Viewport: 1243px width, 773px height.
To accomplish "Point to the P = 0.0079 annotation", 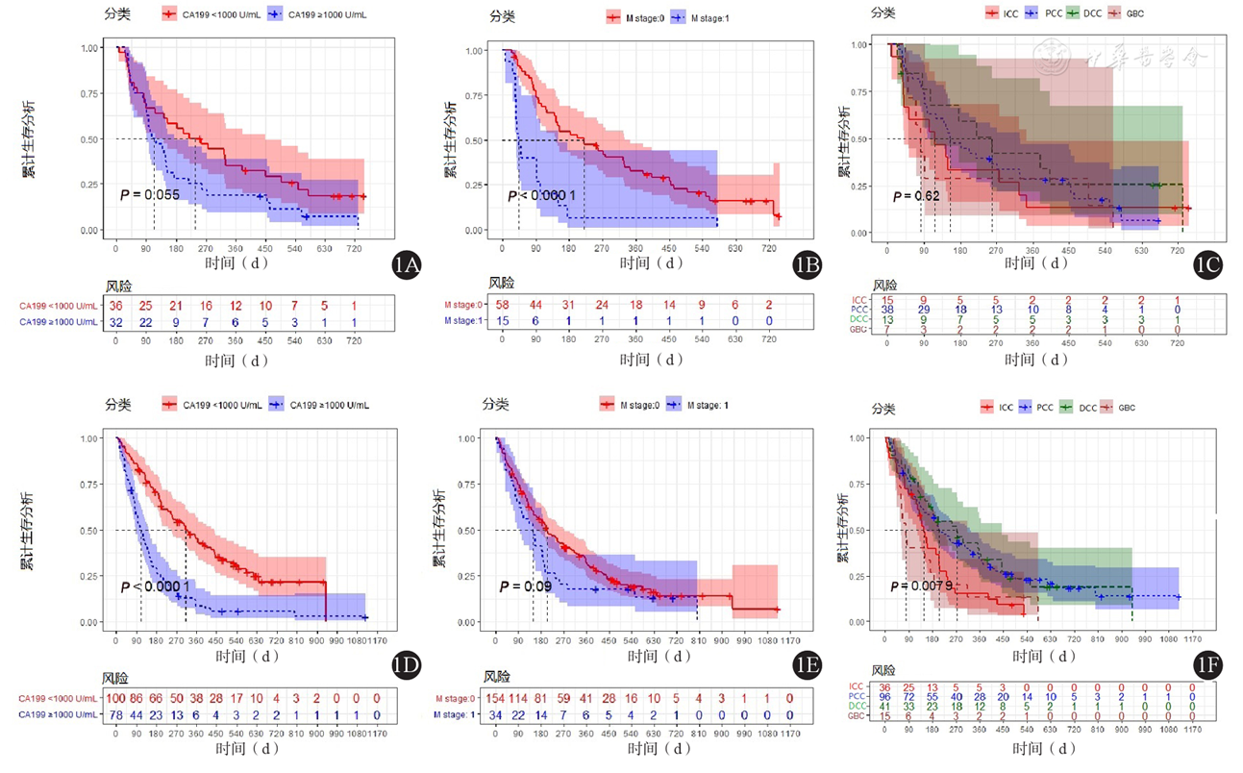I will (922, 586).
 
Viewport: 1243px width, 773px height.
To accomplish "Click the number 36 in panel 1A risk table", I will (116, 306).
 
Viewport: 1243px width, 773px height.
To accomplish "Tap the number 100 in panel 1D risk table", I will (116, 698).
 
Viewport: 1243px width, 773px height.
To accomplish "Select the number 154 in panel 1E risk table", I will (497, 698).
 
